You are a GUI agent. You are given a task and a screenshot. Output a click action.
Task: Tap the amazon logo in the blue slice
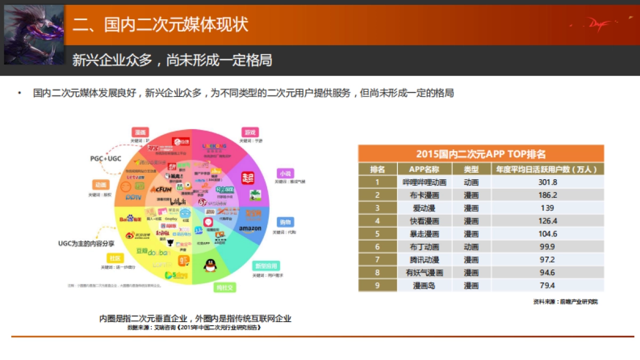[250, 229]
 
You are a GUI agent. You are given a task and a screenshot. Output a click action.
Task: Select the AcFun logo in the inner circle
[161, 189]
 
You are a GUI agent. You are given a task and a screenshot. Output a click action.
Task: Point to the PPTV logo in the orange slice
[132, 197]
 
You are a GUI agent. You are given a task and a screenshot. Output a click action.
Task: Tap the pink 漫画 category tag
[140, 132]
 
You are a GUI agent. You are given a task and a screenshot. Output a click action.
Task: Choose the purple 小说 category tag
[284, 173]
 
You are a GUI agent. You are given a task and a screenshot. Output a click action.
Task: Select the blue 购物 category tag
[284, 222]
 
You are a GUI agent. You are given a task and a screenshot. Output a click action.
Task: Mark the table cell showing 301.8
[547, 182]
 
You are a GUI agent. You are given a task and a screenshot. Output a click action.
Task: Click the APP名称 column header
[424, 169]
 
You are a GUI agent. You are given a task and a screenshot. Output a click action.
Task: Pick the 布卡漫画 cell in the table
[424, 195]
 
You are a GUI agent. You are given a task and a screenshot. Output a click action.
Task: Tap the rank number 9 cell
[377, 285]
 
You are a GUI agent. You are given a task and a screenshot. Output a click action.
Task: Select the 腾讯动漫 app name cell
[424, 260]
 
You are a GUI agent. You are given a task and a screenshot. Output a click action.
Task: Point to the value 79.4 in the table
[547, 285]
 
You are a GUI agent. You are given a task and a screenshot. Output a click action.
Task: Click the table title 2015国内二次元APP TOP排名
[481, 154]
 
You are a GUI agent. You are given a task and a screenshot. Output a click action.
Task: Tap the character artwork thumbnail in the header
[34, 35]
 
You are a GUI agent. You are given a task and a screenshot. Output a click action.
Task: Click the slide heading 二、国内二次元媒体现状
[160, 25]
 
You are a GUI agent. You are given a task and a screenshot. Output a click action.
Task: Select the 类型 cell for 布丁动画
[471, 247]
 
